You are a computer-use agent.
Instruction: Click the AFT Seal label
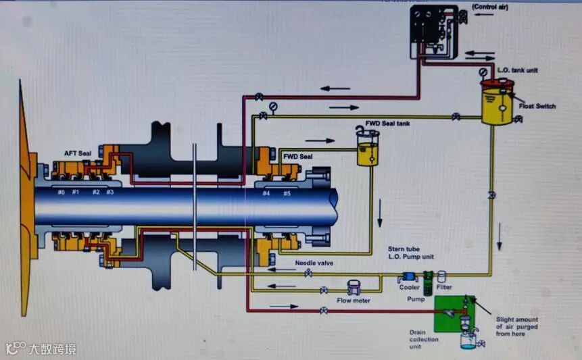click(78, 153)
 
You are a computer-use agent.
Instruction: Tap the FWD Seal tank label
click(387, 124)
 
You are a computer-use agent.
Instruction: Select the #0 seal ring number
click(61, 192)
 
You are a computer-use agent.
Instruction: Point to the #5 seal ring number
click(287, 193)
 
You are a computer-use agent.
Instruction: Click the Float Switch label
click(537, 106)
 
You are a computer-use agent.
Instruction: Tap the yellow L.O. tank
click(498, 103)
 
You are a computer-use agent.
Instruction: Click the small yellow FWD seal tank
click(368, 150)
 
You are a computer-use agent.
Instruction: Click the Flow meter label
click(354, 301)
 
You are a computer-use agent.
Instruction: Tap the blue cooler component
click(409, 276)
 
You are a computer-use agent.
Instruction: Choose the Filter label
click(443, 287)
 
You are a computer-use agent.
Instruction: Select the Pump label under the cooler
click(416, 298)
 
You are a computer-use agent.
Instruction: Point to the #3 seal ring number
click(110, 192)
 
